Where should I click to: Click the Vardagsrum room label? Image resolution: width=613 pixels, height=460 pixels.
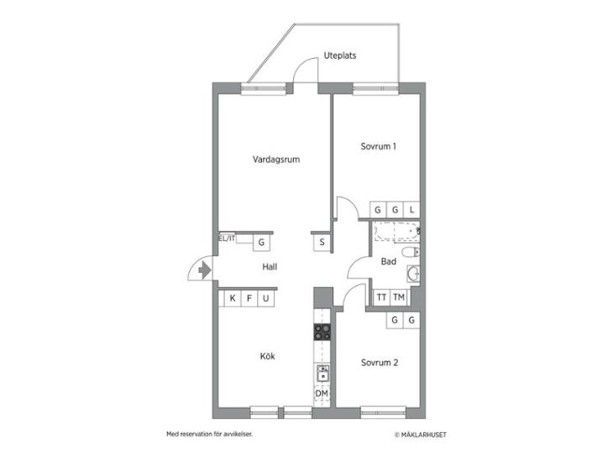tap(276, 159)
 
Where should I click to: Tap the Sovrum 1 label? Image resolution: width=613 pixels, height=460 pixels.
tap(378, 147)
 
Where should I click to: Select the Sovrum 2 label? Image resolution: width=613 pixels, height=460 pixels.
tap(380, 363)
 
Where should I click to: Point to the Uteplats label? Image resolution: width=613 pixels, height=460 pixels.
tap(340, 55)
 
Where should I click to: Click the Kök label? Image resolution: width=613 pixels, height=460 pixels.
tap(267, 356)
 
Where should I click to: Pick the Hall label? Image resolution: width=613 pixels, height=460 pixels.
tap(270, 267)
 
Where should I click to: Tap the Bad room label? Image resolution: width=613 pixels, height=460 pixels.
tap(389, 261)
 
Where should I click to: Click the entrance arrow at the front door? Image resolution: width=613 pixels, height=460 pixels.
tap(204, 270)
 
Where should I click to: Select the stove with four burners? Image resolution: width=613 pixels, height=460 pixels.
tap(322, 332)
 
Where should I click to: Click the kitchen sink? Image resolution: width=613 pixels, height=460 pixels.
tap(323, 374)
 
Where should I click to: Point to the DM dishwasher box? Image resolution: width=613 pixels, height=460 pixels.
tap(322, 394)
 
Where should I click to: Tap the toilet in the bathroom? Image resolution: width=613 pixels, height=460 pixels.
tap(411, 252)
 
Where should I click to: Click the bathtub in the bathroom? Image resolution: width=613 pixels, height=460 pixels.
tap(396, 232)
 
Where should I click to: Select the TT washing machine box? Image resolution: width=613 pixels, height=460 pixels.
tap(381, 297)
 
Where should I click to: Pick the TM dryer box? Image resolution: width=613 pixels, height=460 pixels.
tap(399, 297)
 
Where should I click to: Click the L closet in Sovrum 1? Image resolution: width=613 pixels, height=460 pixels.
tap(411, 210)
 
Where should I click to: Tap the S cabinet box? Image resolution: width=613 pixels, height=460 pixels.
tap(322, 243)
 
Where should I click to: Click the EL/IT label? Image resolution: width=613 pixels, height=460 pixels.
tap(227, 238)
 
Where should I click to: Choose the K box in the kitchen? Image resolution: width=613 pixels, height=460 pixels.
tap(233, 299)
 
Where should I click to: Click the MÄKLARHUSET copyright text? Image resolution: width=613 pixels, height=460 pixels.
tap(420, 435)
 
